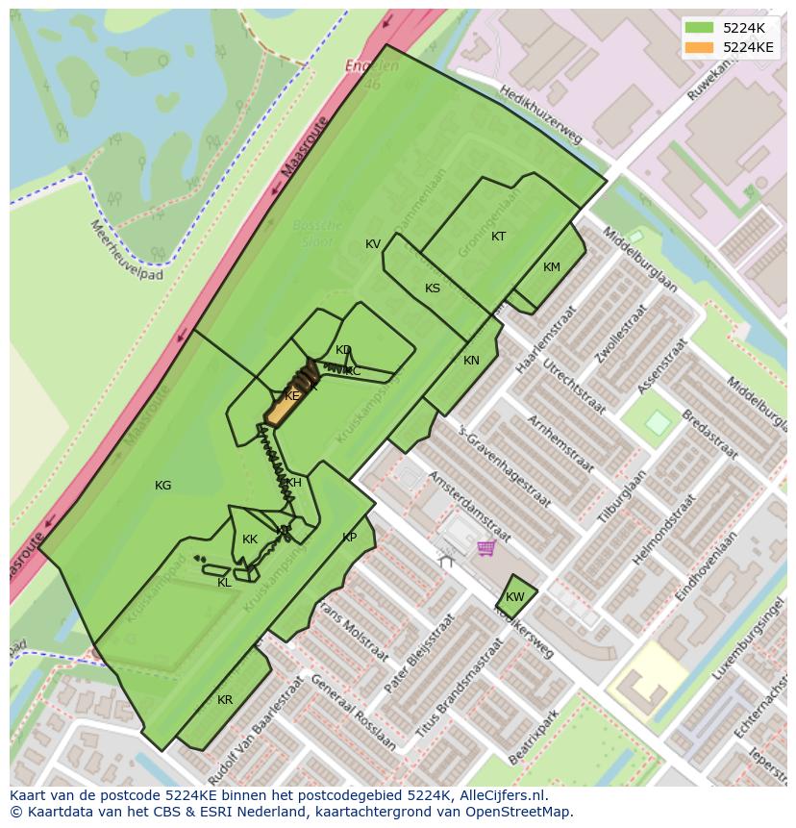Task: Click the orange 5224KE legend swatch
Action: pos(699,47)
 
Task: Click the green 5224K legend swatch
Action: pos(699,28)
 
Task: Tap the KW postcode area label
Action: pos(515,597)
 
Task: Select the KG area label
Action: pos(163,486)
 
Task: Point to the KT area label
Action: pos(498,237)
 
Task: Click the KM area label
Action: pos(551,267)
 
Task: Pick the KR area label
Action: pos(225,700)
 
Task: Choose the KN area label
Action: pos(471,361)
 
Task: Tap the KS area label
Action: pos(433,289)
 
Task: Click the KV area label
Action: pos(373,244)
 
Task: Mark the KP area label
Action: pos(349,538)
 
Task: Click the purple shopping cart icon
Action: pos(485,547)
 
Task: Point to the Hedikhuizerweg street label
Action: pos(541,113)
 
